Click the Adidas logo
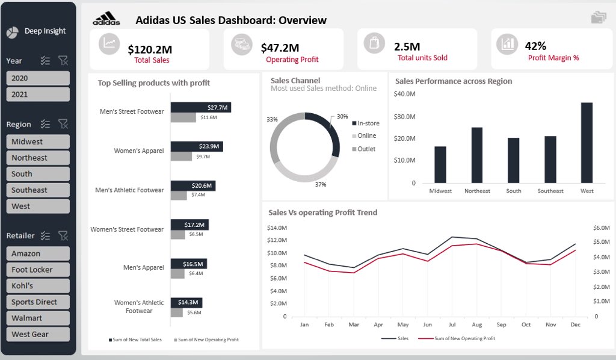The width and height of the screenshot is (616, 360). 106,19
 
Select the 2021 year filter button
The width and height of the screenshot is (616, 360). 38,95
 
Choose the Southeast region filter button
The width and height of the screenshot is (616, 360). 38,190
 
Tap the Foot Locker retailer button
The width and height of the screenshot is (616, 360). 38,270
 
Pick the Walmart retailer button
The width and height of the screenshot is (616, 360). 38,318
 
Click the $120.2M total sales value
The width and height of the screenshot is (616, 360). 150,49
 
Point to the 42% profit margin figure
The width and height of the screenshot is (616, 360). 535,46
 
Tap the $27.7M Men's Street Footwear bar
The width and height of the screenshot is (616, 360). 200,107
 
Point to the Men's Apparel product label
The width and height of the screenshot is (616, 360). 143,267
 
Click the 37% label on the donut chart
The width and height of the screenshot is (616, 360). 320,184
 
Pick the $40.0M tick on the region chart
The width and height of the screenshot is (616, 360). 405,94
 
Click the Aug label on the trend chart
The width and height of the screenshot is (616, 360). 477,324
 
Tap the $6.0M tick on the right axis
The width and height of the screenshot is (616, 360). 601,228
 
